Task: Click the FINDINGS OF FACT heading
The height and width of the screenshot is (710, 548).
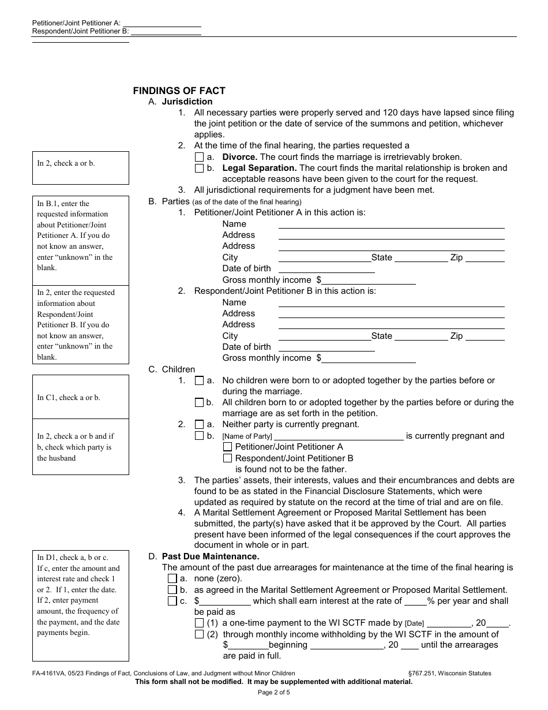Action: point(179,91)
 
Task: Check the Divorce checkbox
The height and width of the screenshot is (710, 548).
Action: point(199,157)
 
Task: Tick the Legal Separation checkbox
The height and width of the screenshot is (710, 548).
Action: point(199,169)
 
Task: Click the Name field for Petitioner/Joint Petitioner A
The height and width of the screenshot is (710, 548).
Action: point(391,224)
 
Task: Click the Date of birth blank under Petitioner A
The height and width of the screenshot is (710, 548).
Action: point(326,268)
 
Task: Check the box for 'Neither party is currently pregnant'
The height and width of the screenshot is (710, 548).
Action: point(199,425)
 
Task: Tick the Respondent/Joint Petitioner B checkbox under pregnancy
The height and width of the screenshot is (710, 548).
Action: point(227,458)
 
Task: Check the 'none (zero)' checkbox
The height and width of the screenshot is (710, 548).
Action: point(172,578)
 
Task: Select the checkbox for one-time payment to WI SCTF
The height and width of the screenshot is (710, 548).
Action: point(199,623)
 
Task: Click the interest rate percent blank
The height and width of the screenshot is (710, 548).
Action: point(415,601)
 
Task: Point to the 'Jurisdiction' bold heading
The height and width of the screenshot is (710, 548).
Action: point(187,102)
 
